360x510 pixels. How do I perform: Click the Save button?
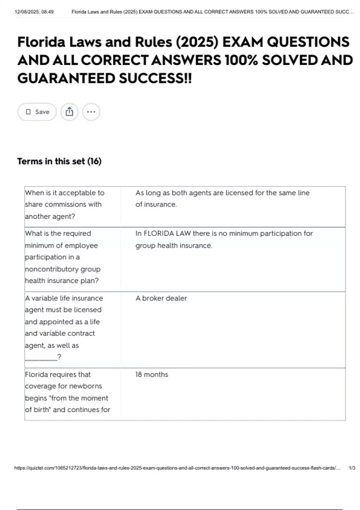[37, 112]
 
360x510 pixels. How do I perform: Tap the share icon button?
[69, 112]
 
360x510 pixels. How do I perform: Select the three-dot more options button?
[91, 112]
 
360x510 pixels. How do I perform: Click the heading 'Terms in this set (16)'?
[59, 161]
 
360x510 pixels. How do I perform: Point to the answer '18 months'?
[151, 374]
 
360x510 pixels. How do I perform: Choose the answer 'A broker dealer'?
[161, 298]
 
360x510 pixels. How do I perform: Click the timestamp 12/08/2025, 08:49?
[34, 12]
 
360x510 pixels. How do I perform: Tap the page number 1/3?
[352, 468]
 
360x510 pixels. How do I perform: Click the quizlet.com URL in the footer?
[177, 468]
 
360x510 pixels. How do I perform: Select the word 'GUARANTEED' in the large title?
[66, 79]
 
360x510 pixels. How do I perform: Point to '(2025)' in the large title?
[197, 42]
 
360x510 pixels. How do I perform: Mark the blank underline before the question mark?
[41, 358]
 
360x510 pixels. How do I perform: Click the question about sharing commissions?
[64, 204]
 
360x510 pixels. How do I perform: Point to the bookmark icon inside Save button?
[28, 112]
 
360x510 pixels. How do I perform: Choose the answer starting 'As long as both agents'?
[222, 198]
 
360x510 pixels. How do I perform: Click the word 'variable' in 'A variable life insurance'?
[44, 298]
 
